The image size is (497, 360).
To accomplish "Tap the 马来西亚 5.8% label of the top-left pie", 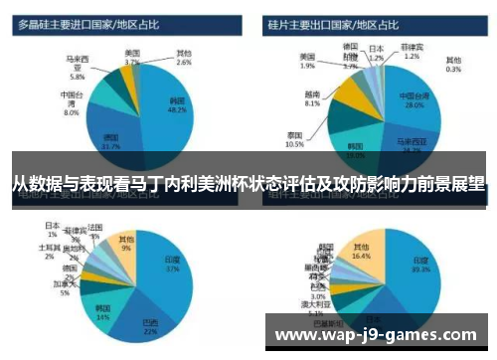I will (77, 67).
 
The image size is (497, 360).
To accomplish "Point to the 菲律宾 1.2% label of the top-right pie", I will (413, 51).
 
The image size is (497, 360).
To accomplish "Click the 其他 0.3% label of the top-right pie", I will (452, 64).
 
